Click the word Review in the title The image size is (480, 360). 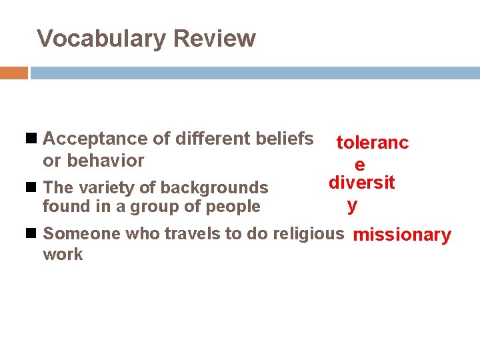coord(214,39)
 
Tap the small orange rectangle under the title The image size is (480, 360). coord(13,73)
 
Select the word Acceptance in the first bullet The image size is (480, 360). coord(95,139)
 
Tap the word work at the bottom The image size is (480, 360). coord(63,255)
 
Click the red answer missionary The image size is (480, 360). coord(402,235)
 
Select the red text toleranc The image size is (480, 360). coord(372,143)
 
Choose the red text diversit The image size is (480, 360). coord(361,183)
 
